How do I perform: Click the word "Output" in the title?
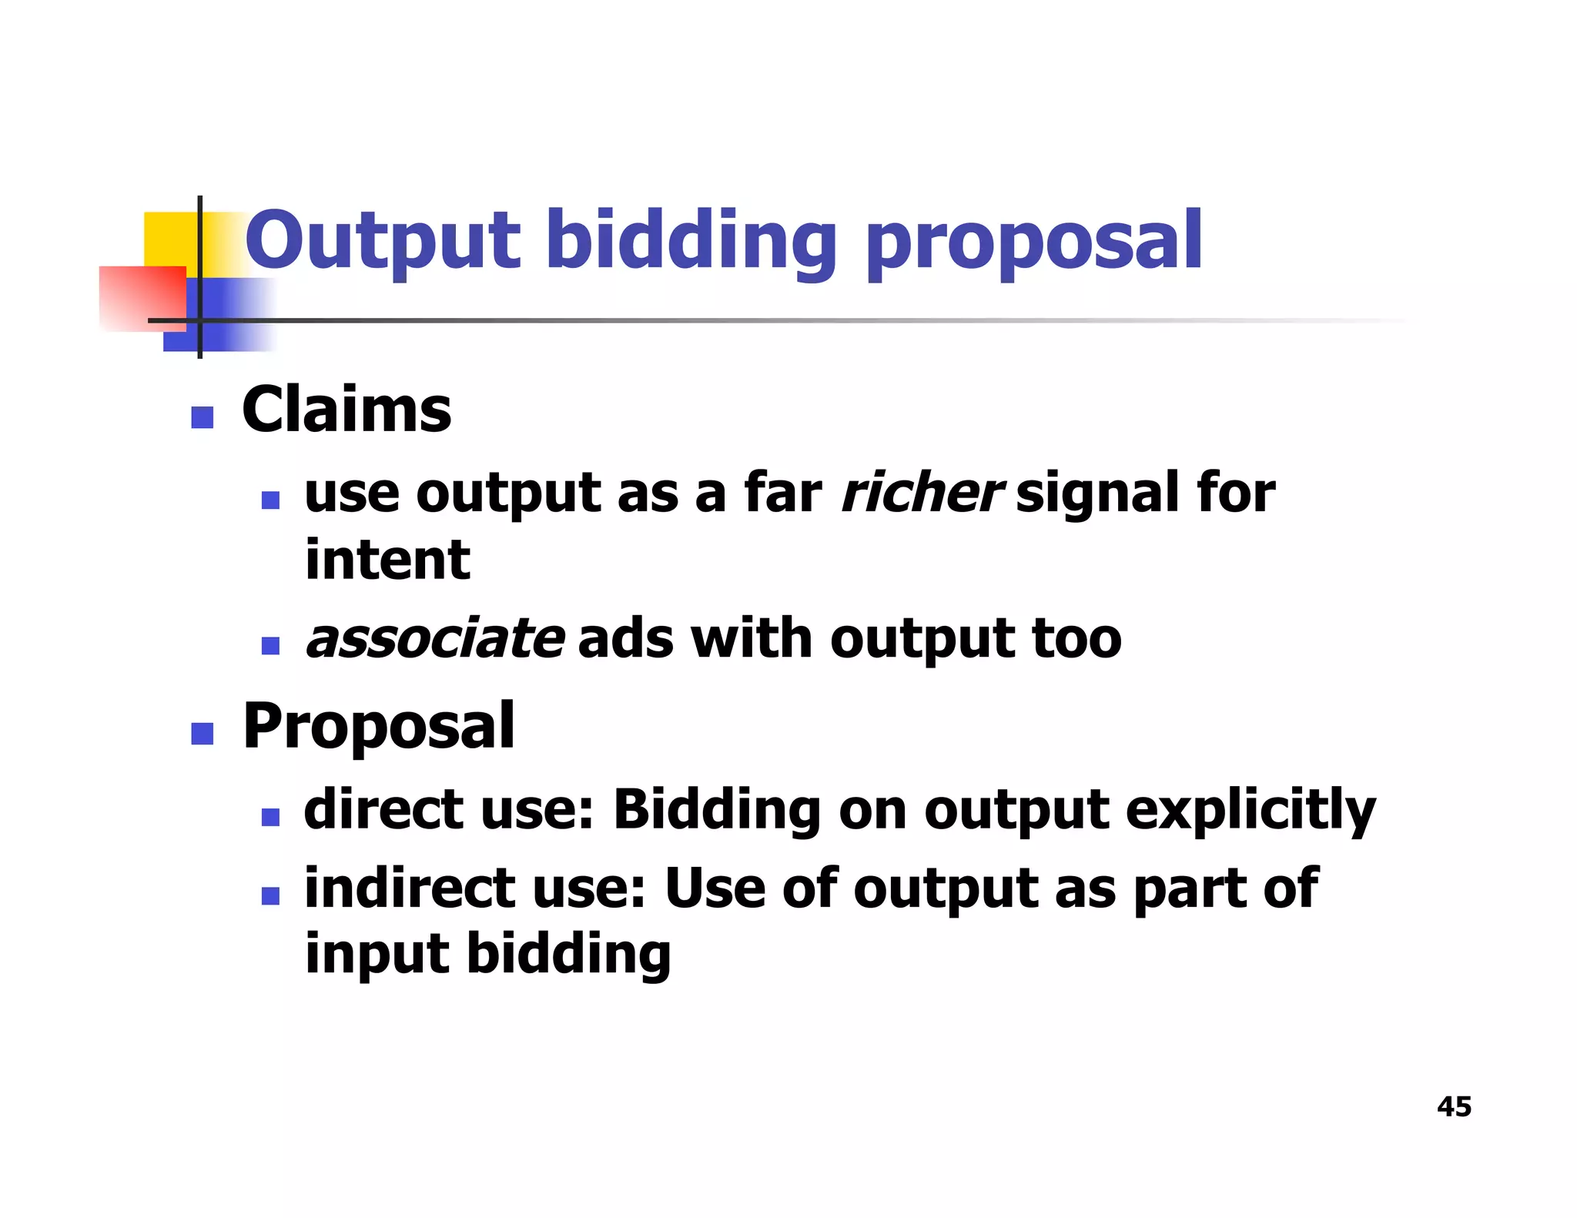pyautogui.click(x=382, y=242)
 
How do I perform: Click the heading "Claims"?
pyautogui.click(x=347, y=410)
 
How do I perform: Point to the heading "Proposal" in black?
pyautogui.click(x=378, y=727)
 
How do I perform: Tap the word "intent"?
pyautogui.click(x=387, y=560)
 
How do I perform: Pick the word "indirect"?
pyautogui.click(x=409, y=888)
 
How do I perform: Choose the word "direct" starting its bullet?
pyautogui.click(x=383, y=810)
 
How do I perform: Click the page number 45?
pyautogui.click(x=1454, y=1106)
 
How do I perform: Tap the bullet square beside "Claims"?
pyautogui.click(x=202, y=417)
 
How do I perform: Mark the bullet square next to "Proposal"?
pyautogui.click(x=202, y=734)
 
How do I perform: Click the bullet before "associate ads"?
pyautogui.click(x=270, y=645)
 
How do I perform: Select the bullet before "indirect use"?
pyautogui.click(x=270, y=895)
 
